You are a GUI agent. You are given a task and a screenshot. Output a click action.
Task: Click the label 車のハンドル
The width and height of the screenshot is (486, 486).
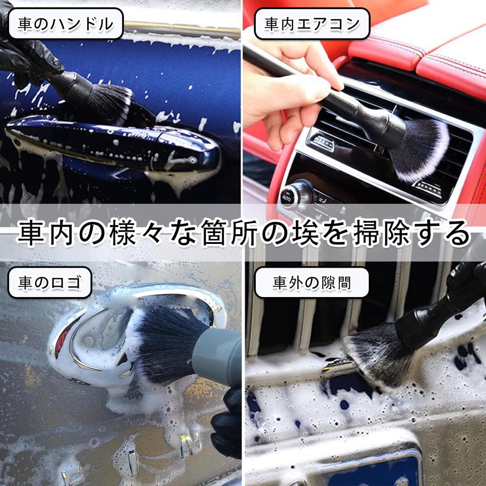coord(65,24)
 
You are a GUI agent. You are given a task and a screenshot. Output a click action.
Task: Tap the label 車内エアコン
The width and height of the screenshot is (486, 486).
coord(312,24)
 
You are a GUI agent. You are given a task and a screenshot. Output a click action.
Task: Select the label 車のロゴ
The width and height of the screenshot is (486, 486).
coord(49,283)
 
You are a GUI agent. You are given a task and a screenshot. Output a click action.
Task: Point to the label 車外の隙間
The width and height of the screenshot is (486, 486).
coord(311,283)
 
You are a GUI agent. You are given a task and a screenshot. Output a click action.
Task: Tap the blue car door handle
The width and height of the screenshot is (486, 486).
coord(114,142)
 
